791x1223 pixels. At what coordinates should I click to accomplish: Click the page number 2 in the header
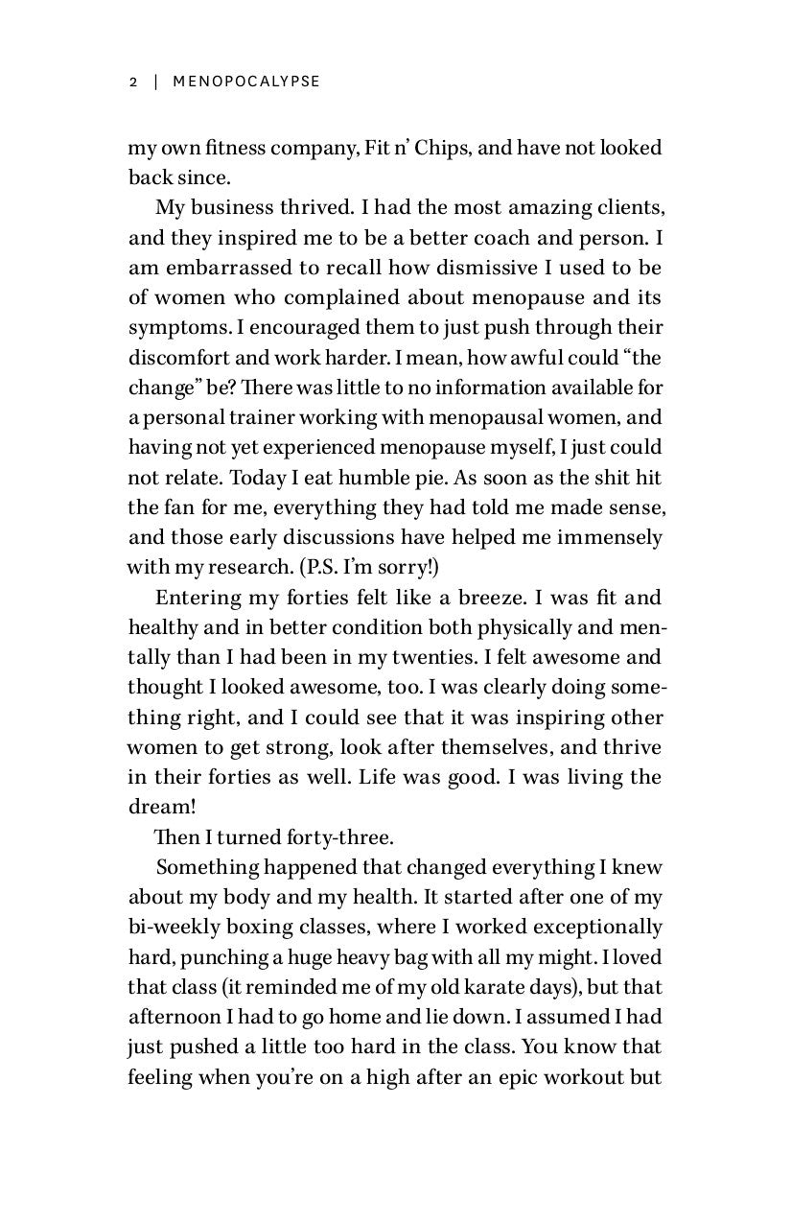(133, 82)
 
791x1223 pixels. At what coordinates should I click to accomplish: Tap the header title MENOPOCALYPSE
(246, 82)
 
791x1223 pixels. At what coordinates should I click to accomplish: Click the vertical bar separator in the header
(154, 82)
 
